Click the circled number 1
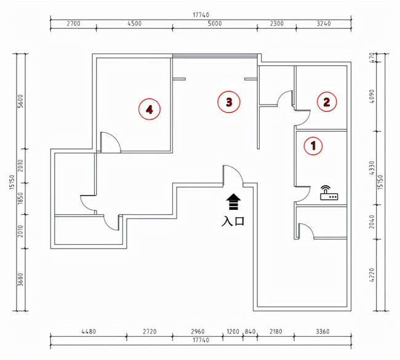(313, 146)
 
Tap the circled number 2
(327, 102)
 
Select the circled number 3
(229, 102)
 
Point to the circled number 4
(150, 110)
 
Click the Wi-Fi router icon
(329, 193)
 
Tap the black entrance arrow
(233, 202)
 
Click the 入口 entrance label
(233, 221)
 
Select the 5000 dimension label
(215, 23)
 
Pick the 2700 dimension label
(73, 23)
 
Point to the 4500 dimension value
(134, 23)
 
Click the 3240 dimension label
(324, 23)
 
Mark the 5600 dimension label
(21, 102)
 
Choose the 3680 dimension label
(21, 279)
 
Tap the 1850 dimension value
(21, 198)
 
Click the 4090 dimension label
(372, 97)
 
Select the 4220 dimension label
(372, 275)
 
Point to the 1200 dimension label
(233, 332)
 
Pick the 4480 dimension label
(89, 332)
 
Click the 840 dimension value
(250, 332)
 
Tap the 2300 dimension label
(277, 23)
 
